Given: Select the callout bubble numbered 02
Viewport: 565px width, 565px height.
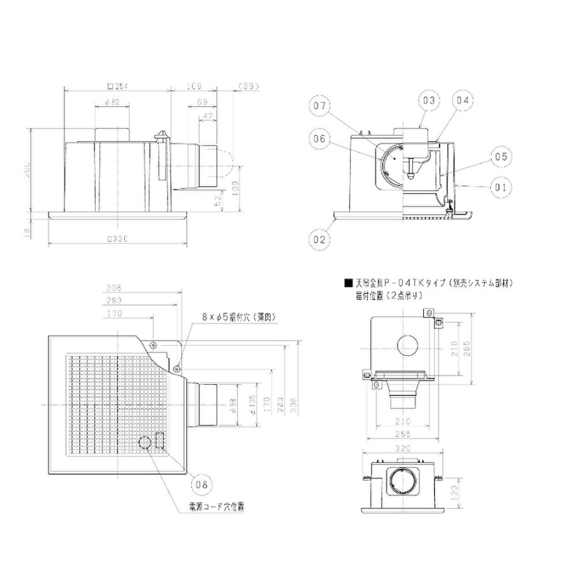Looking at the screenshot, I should [320, 239].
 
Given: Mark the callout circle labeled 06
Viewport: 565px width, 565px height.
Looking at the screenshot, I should [320, 140].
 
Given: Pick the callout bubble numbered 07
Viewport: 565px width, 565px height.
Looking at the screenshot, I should [320, 107].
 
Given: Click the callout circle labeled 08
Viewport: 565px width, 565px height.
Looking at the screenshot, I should [200, 484].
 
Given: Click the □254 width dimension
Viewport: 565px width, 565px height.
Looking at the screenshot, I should [117, 86].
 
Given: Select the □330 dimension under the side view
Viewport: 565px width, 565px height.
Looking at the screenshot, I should [117, 239].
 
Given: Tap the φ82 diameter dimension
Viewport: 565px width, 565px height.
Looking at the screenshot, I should [111, 102].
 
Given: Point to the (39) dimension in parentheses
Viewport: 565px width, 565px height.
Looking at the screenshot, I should [249, 86].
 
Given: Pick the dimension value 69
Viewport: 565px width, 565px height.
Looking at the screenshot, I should [202, 102].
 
